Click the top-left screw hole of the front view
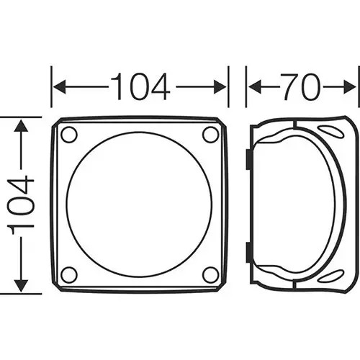pos(69,135)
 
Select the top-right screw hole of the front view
pos(210,135)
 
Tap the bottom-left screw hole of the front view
pos(69,274)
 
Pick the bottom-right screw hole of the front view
pos(210,274)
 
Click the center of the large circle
pos(139,204)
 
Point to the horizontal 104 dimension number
pos(140,88)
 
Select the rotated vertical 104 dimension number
pos(22,204)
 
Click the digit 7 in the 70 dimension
pos(290,88)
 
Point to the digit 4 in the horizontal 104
pos(160,88)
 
